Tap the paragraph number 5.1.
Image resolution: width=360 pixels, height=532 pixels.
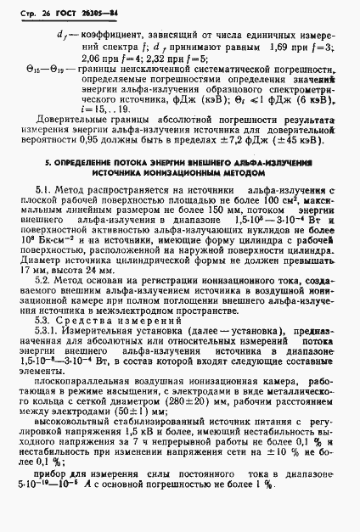click(47, 193)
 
